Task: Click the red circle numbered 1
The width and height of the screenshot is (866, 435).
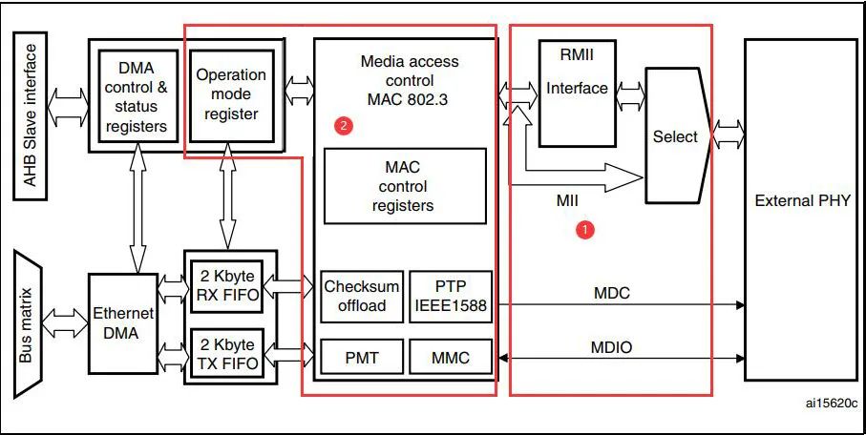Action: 585,229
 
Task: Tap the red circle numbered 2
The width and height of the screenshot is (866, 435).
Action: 344,126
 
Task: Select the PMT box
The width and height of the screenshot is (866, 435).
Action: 362,357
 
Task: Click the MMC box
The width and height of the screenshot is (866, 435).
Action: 450,357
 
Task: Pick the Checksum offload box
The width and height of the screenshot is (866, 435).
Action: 362,297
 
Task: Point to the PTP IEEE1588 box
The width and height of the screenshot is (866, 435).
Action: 450,297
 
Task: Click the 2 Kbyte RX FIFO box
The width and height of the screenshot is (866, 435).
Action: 227,286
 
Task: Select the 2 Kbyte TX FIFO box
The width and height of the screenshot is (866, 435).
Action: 227,354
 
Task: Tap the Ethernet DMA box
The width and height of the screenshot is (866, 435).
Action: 122,323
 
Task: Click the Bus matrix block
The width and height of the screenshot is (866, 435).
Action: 28,324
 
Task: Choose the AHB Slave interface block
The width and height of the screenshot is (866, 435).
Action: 31,116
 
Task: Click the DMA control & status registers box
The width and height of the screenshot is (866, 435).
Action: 137,96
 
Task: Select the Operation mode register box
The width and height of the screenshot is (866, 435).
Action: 231,95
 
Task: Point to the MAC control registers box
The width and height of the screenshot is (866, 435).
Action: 406,186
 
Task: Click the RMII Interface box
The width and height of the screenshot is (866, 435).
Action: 577,93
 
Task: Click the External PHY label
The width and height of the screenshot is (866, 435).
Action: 802,200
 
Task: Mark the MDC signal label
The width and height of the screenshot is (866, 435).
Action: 611,293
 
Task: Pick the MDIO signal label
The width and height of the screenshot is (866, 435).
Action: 611,347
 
